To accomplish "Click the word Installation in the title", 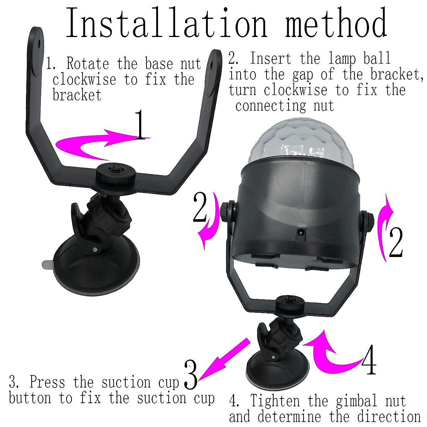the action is click(x=166, y=23).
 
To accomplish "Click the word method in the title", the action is click(x=336, y=23).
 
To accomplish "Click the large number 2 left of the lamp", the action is click(x=200, y=207).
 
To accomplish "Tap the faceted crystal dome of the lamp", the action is click(x=302, y=142).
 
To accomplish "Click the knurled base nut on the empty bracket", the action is click(x=116, y=175).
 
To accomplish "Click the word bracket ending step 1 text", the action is click(x=77, y=95).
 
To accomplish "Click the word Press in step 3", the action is click(x=47, y=382).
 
